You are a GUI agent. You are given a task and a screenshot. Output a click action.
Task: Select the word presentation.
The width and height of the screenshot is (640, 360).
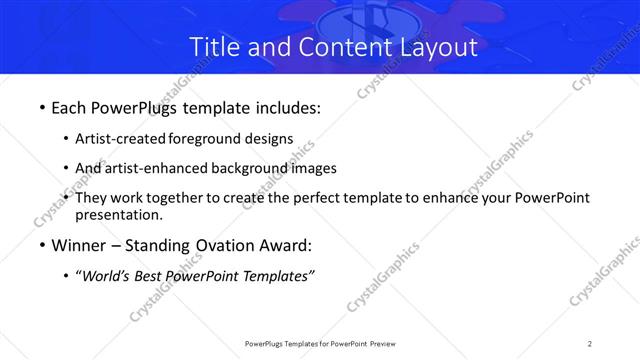tap(118, 215)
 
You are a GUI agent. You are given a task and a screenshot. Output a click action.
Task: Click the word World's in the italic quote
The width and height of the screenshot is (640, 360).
tap(107, 276)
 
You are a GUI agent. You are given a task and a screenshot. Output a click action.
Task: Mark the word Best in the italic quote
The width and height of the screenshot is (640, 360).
tap(154, 276)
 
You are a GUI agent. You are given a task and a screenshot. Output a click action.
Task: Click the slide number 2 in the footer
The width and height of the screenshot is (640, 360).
tap(590, 344)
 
